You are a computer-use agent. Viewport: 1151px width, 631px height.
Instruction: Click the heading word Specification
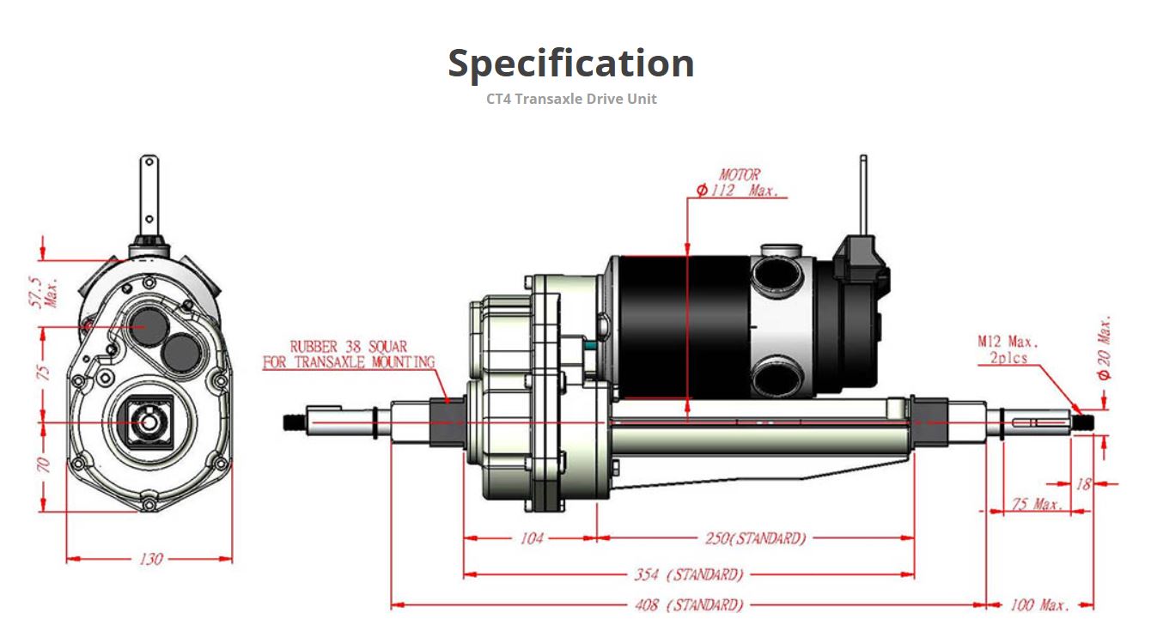(571, 64)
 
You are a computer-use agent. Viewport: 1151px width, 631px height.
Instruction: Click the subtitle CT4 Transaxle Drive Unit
(571, 99)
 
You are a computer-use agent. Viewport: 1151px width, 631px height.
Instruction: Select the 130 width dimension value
(150, 559)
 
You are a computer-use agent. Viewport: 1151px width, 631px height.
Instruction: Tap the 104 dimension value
(532, 538)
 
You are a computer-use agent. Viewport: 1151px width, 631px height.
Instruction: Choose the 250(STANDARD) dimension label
(755, 538)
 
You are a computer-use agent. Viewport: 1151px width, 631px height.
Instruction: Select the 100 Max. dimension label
(1039, 605)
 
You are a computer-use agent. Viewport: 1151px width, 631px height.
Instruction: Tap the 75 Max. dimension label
(1036, 505)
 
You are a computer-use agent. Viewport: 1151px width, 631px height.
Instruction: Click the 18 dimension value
(1083, 484)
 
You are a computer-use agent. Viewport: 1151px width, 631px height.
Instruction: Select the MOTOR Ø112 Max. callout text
(739, 183)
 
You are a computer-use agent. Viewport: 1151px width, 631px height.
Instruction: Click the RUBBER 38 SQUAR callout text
(349, 355)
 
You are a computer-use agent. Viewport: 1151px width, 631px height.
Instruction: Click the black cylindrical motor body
(679, 326)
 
